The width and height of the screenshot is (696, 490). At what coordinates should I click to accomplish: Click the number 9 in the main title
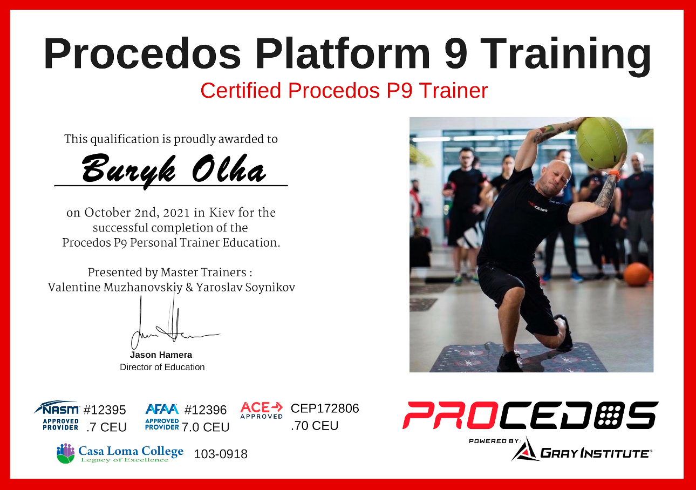point(456,53)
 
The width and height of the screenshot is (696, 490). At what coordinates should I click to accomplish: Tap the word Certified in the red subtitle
point(241,91)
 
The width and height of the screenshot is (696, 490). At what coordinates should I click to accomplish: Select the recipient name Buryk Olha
point(174,171)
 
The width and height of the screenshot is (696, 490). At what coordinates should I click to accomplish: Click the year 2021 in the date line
point(176,213)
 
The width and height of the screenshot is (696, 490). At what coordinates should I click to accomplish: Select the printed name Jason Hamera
point(161,355)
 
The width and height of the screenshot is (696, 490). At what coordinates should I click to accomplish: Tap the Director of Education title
point(162,367)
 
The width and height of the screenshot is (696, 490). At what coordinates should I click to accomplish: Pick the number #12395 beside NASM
point(105,410)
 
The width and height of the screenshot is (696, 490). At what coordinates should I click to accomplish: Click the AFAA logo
point(162,417)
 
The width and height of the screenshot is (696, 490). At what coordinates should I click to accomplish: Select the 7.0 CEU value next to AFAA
point(206,427)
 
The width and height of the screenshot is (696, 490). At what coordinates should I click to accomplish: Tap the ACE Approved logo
point(262,411)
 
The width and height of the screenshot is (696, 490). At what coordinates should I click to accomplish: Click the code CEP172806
point(325,409)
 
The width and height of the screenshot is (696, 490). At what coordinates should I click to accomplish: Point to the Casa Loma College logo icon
point(66,453)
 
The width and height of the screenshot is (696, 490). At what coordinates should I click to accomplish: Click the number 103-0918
point(221,454)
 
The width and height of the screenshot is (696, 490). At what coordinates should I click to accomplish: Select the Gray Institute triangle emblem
point(525,450)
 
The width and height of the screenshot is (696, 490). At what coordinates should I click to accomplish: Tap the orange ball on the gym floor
point(636,275)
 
